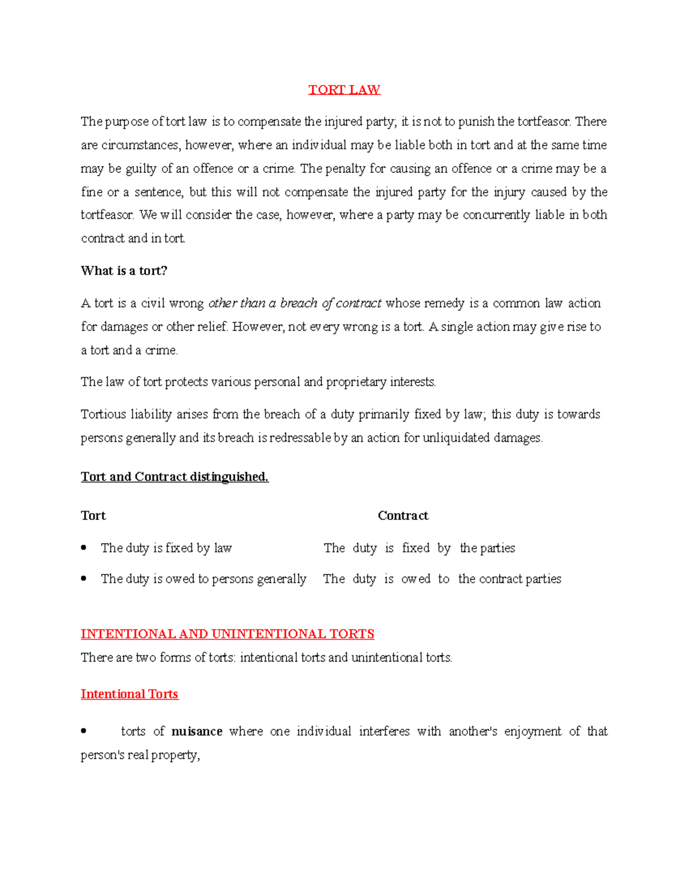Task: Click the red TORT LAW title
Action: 344,90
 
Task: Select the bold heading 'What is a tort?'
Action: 124,271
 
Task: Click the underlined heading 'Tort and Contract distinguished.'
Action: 175,477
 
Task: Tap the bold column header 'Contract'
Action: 402,516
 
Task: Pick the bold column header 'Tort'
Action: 94,516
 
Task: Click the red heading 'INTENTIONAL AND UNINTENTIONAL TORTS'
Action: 227,634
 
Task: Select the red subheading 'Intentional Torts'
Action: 129,694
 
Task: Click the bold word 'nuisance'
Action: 197,731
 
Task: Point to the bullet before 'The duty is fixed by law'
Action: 84,548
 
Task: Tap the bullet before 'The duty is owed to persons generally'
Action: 84,578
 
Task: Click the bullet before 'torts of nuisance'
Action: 84,731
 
